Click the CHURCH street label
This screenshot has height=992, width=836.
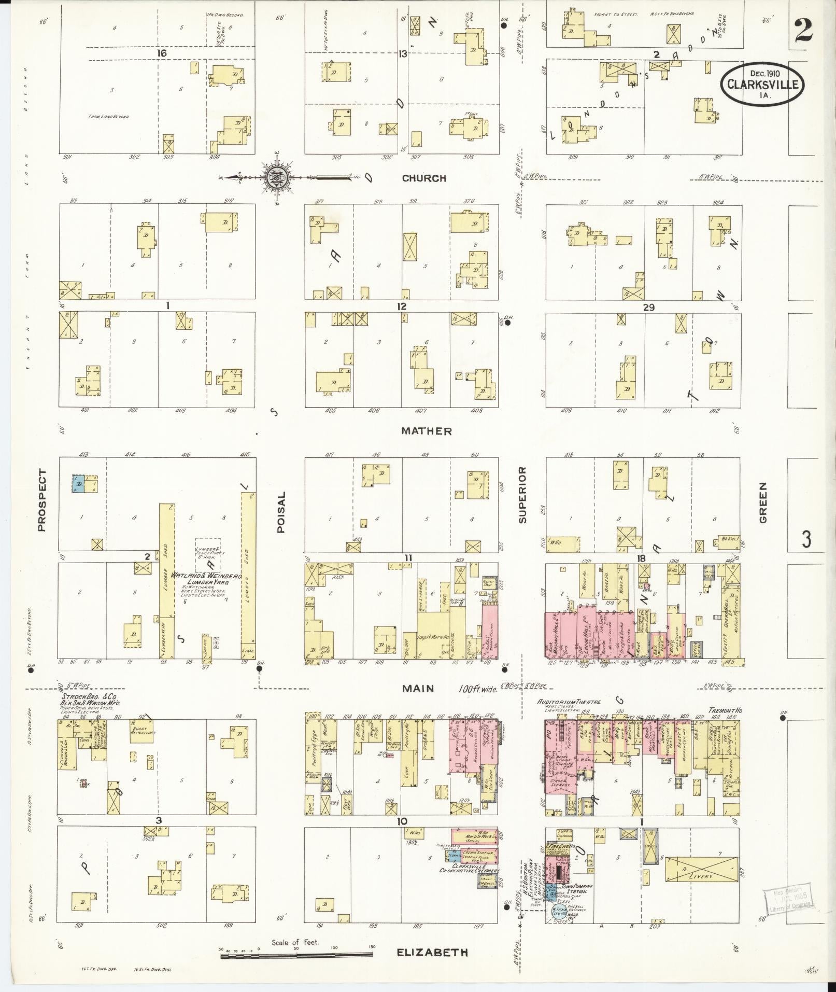pos(424,178)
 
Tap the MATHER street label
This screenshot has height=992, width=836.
pos(427,431)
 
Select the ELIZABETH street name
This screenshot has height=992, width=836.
pos(433,952)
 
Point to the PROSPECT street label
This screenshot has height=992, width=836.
pos(42,500)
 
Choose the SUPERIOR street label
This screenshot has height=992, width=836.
pos(522,494)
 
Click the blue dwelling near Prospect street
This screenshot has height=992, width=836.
pos(78,484)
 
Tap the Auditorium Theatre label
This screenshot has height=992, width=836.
pos(569,702)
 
